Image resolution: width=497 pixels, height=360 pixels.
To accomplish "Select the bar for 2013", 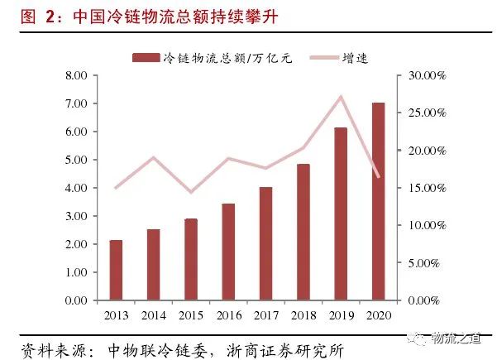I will coord(116,269).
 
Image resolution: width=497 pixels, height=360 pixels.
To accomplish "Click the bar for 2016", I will coord(228,251).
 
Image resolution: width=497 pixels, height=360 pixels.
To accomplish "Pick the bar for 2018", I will coord(303,231).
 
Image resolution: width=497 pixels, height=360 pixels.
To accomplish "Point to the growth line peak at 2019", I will coord(341,97).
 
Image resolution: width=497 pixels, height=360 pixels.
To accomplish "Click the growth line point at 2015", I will coord(191,192).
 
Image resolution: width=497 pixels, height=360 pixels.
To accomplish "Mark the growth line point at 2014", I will coord(154,157).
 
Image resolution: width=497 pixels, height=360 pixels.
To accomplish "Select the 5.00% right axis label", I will coord(429,262).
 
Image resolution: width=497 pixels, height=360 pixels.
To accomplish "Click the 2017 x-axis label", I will coord(266,314).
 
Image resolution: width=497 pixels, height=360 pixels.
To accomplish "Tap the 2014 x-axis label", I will coord(154,314).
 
